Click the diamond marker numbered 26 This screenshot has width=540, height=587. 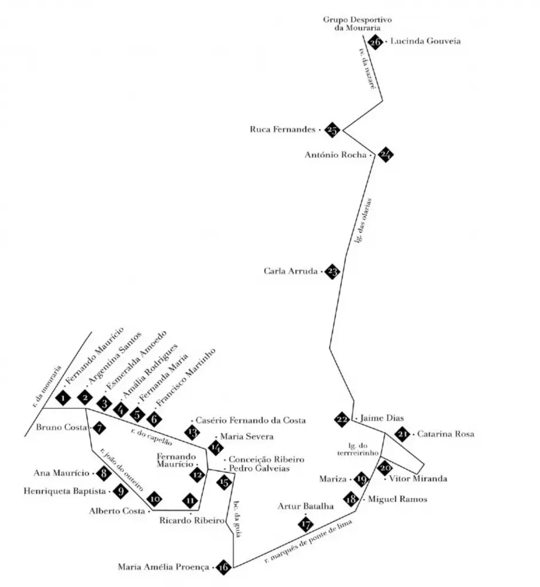(x=375, y=42)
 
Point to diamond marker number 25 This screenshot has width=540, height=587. (x=332, y=130)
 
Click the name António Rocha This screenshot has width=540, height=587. (x=336, y=154)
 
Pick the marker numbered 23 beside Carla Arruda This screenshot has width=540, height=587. (x=332, y=272)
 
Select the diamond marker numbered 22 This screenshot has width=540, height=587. (x=342, y=420)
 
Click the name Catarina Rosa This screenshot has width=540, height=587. (x=445, y=434)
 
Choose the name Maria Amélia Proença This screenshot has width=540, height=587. (x=164, y=568)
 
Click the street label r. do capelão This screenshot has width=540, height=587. (x=151, y=437)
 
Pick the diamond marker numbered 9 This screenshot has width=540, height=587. (x=120, y=491)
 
